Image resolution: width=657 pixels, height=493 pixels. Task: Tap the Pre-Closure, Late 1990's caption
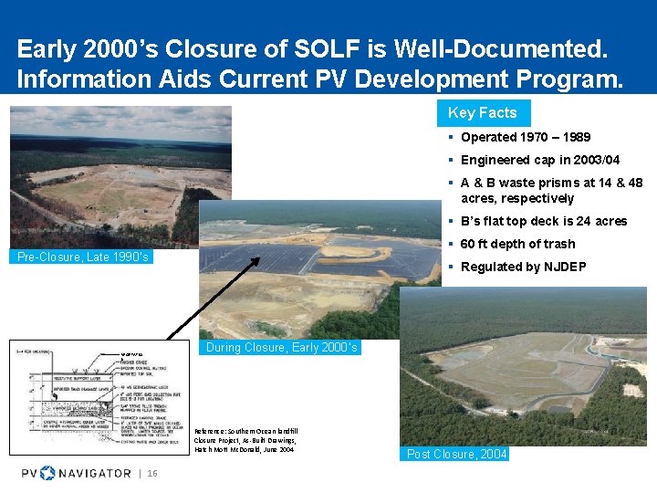[x=83, y=257]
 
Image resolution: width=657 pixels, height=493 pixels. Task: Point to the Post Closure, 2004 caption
[x=455, y=454]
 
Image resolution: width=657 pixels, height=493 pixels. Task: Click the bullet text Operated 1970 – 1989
[x=525, y=138]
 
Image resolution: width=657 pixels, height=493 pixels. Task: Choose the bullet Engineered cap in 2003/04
[x=539, y=160]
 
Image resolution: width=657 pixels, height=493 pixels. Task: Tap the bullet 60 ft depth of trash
[x=517, y=244]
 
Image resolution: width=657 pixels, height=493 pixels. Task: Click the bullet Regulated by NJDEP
[x=523, y=267]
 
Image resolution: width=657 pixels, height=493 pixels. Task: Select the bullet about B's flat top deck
[x=544, y=221]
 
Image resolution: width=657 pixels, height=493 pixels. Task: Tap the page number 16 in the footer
[x=151, y=472]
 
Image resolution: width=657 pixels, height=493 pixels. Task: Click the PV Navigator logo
[x=77, y=472]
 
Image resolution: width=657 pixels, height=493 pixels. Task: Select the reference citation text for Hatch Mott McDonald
[x=244, y=440]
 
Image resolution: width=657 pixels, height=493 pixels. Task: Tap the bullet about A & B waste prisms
[x=551, y=190]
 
